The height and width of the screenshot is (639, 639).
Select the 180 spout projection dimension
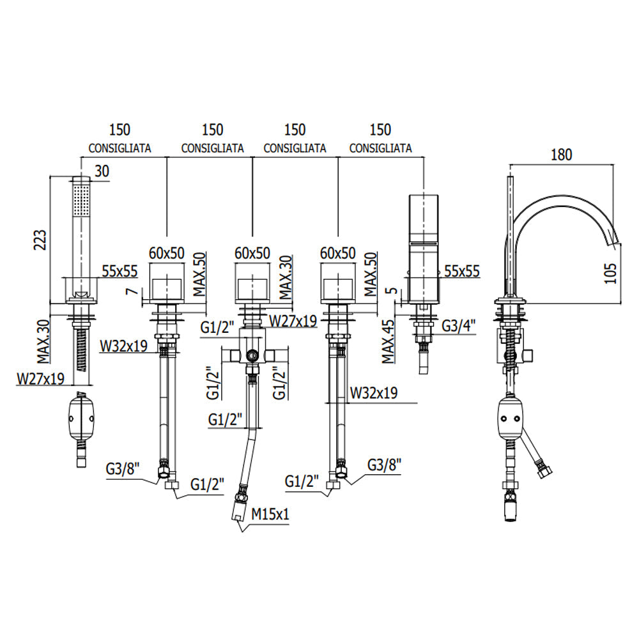click(560, 154)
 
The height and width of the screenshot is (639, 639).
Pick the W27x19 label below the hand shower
click(40, 379)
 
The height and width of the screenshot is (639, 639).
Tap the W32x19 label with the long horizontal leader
click(374, 393)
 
